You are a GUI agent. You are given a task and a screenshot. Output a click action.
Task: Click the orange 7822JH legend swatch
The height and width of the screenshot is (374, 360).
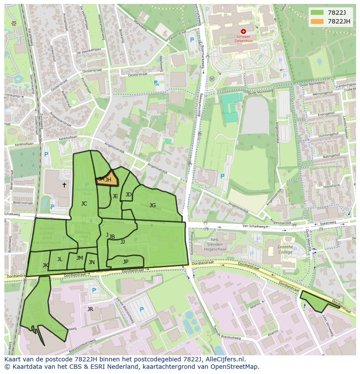click(317, 21)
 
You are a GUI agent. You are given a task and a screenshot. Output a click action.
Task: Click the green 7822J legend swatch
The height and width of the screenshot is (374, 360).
click(317, 13)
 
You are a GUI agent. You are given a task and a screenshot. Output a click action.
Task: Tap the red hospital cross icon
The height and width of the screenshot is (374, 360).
click(243, 31)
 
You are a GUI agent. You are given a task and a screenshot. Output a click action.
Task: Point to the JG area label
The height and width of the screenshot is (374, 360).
click(153, 205)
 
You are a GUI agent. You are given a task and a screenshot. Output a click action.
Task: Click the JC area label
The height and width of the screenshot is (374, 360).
click(84, 203)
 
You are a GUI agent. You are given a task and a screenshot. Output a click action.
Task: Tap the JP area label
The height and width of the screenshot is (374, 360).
click(126, 261)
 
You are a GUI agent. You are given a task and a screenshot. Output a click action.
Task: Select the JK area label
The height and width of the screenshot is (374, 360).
click(45, 265)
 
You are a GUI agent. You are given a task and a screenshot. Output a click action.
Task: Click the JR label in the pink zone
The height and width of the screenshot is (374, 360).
click(90, 309)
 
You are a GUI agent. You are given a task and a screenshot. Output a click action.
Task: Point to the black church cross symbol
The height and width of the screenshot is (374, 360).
click(64, 185)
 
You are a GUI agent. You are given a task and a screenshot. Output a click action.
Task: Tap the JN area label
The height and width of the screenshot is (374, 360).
click(92, 262)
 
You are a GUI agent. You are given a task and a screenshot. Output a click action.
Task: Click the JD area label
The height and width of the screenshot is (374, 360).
click(129, 195)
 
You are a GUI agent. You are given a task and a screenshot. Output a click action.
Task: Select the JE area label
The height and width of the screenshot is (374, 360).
click(115, 196)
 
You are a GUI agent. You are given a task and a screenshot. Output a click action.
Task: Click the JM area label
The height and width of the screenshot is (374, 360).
click(80, 258)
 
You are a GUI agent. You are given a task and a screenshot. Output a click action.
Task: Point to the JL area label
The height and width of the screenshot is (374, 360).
click(60, 259)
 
